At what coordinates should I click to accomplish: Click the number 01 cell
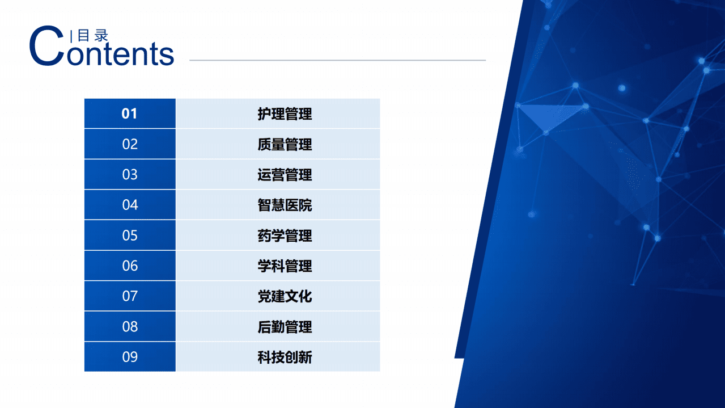pyautogui.click(x=130, y=113)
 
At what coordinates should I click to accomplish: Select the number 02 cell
pyautogui.click(x=130, y=144)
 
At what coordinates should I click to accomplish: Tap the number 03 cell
pyautogui.click(x=130, y=174)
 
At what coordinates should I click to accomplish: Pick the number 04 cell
pyautogui.click(x=130, y=205)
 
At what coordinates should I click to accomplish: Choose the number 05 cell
pyautogui.click(x=130, y=235)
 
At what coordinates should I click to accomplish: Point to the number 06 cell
pyautogui.click(x=130, y=266)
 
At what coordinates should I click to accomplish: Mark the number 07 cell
pyautogui.click(x=130, y=296)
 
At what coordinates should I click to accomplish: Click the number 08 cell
pyautogui.click(x=130, y=326)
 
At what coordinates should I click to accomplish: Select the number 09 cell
pyautogui.click(x=130, y=357)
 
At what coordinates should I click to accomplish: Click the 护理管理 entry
pyautogui.click(x=285, y=113)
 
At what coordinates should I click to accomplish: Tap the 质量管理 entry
pyautogui.click(x=285, y=144)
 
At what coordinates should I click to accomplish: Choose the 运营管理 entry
pyautogui.click(x=285, y=175)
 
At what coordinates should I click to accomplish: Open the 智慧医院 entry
pyautogui.click(x=285, y=205)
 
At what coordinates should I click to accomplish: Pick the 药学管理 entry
pyautogui.click(x=285, y=235)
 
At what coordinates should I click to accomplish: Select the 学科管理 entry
pyautogui.click(x=285, y=266)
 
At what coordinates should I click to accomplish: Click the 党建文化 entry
pyautogui.click(x=285, y=296)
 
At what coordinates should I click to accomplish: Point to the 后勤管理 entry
pyautogui.click(x=285, y=327)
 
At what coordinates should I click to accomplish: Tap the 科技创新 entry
pyautogui.click(x=285, y=357)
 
